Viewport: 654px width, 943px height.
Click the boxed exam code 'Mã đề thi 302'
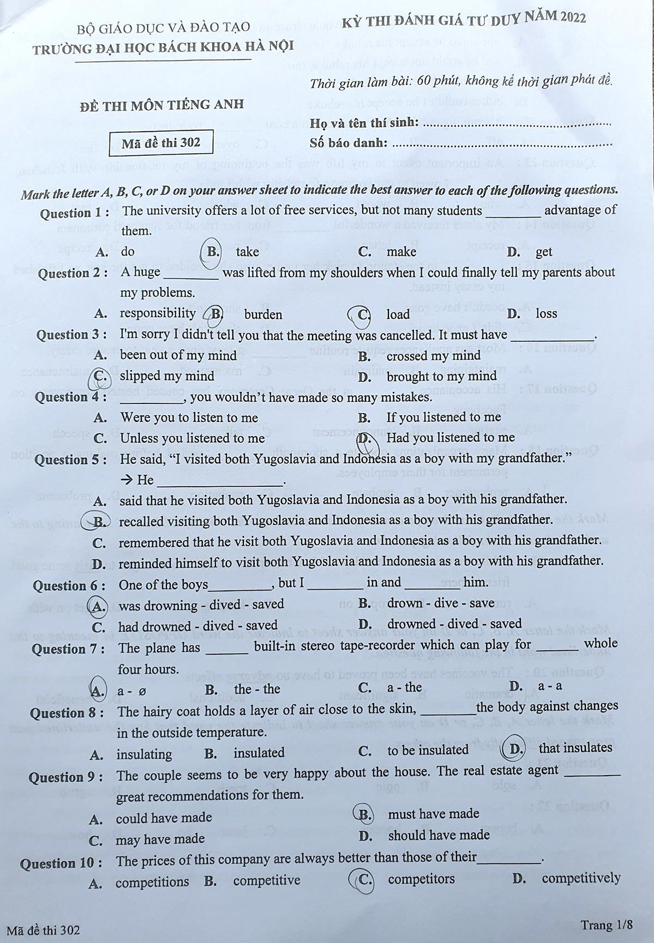[160, 143]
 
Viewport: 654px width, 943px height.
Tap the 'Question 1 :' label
[74, 213]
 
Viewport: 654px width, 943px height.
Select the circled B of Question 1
[212, 251]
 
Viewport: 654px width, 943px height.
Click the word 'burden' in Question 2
[263, 315]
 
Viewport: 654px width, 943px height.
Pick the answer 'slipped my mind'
[167, 376]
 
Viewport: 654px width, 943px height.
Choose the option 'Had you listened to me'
[450, 438]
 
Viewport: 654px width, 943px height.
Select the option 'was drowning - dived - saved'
[201, 605]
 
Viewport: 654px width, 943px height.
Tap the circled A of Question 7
[98, 690]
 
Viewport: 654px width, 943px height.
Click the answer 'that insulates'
[575, 748]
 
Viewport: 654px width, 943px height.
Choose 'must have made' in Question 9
[433, 814]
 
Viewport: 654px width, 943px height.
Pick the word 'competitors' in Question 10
[421, 879]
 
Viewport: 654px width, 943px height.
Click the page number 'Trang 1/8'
[606, 925]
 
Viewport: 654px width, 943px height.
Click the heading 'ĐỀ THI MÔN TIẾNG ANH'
[161, 104]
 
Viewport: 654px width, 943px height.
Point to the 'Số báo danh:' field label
[349, 143]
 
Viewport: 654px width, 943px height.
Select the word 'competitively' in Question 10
[581, 878]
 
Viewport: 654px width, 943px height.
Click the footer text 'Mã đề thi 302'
[43, 930]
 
